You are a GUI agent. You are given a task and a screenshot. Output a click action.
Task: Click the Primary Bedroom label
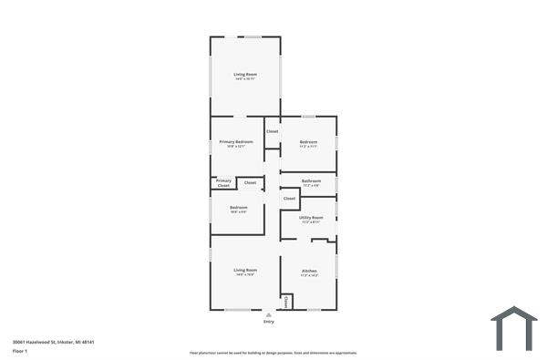(236, 142)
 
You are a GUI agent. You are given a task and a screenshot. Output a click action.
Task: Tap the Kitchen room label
(309, 271)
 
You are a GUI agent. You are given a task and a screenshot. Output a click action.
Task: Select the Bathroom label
(311, 181)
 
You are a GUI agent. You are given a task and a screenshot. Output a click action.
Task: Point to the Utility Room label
(311, 217)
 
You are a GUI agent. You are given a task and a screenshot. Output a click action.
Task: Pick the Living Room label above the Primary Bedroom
(244, 74)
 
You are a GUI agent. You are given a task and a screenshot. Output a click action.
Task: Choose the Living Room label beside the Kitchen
(244, 270)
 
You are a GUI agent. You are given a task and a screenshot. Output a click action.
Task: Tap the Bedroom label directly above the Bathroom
(309, 142)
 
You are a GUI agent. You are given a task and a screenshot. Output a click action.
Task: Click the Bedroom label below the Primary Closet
(238, 208)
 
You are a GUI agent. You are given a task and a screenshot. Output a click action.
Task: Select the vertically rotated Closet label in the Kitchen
(286, 301)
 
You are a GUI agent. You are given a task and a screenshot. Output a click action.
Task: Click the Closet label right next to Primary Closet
(250, 183)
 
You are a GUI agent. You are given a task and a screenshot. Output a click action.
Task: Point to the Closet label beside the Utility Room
(289, 198)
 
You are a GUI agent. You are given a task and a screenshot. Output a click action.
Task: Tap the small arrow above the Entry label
(268, 315)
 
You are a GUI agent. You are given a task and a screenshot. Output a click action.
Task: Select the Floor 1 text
(20, 351)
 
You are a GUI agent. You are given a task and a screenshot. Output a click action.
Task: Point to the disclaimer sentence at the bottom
(273, 352)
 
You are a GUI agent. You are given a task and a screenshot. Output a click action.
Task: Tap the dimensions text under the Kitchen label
(309, 275)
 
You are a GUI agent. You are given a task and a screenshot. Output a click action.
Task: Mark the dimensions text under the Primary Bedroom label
(236, 147)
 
